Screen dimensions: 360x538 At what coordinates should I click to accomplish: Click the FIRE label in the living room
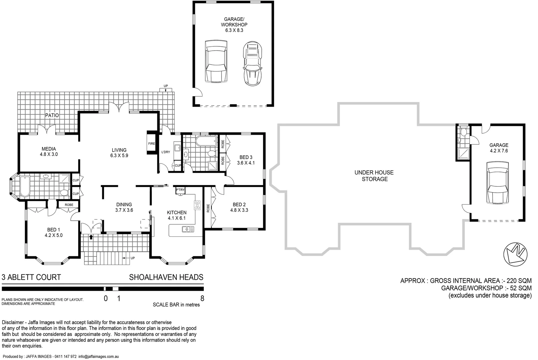tap(152, 144)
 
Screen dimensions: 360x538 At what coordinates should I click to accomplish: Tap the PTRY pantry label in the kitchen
tap(180, 190)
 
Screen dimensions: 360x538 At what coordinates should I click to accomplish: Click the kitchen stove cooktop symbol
tap(197, 205)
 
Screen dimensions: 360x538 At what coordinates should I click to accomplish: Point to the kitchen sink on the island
tap(188, 229)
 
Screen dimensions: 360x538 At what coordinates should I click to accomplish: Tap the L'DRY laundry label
tap(166, 152)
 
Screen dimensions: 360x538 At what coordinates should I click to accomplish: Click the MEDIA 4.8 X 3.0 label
tap(49, 152)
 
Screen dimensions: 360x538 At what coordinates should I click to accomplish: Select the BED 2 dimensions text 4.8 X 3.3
tap(239, 210)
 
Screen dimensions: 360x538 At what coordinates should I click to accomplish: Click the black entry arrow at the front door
tap(91, 237)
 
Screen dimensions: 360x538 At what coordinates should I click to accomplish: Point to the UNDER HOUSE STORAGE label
tap(374, 176)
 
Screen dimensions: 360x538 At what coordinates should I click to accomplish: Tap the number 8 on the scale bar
tap(202, 298)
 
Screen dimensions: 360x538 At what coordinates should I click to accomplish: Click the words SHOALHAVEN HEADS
tap(166, 277)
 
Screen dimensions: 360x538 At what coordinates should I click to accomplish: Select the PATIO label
tap(52, 115)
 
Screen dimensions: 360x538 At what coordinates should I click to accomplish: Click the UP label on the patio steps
tap(166, 86)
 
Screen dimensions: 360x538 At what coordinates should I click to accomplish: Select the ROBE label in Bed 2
tap(208, 208)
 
